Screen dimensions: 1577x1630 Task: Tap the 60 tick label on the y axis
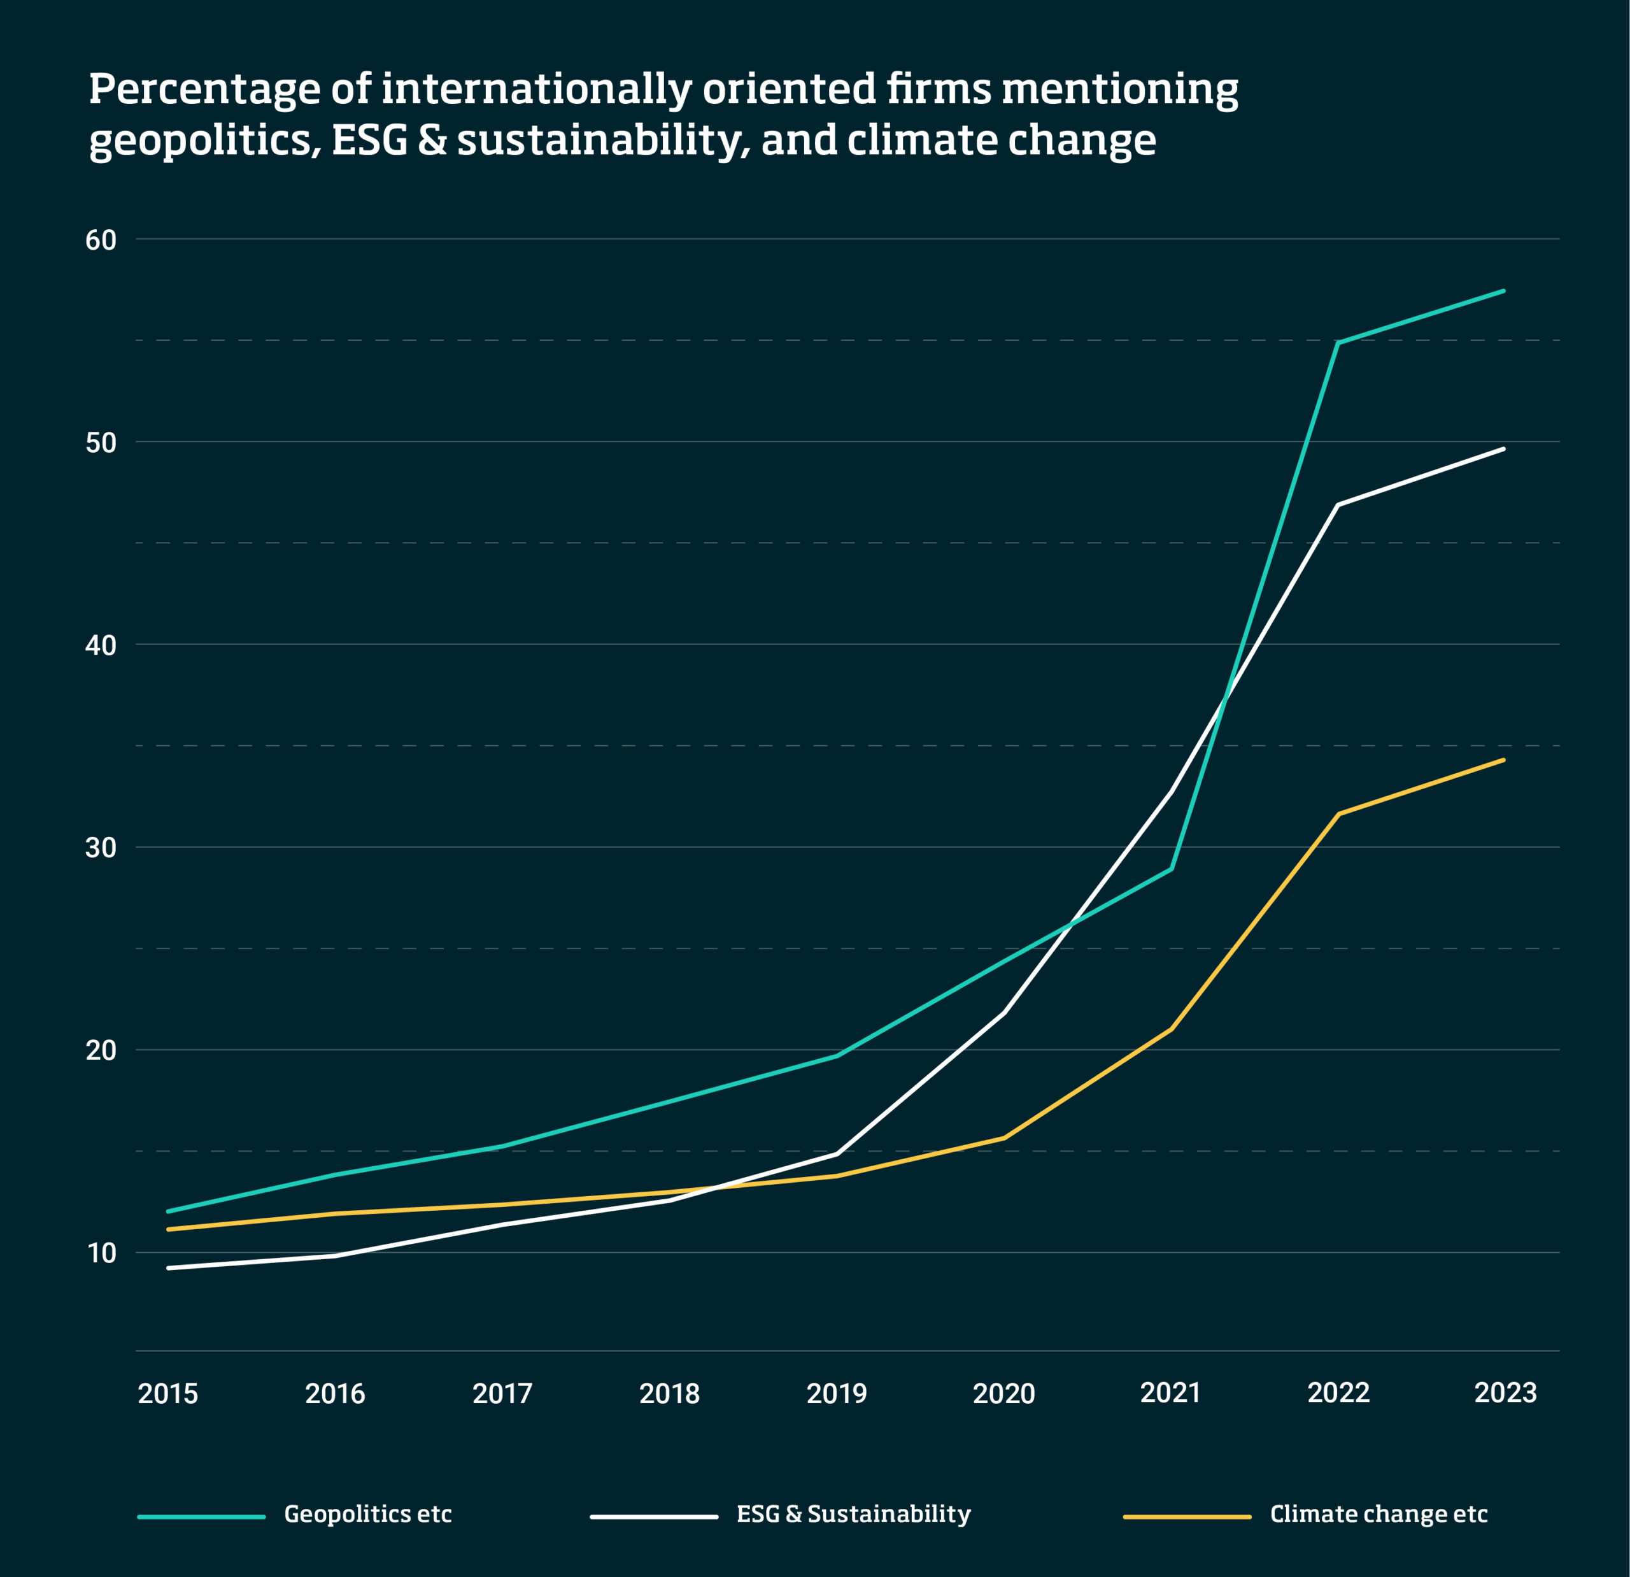(101, 240)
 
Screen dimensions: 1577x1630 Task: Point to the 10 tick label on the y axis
(101, 1253)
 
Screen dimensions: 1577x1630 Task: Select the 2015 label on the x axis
(168, 1393)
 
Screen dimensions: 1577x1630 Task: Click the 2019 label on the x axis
(837, 1393)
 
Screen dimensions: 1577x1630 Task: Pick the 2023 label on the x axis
(1505, 1392)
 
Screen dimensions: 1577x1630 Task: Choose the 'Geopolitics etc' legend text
(367, 1514)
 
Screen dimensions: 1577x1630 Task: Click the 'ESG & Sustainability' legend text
(853, 1514)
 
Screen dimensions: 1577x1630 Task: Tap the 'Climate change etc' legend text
(1378, 1514)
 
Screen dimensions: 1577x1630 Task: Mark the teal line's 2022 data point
(1337, 343)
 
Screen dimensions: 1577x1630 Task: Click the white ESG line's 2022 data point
(1337, 505)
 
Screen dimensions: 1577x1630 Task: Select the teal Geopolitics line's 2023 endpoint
(1503, 291)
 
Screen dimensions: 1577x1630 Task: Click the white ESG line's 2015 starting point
(169, 1267)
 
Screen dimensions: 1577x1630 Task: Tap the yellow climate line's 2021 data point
(1171, 1029)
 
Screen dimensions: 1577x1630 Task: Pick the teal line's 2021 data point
(1171, 869)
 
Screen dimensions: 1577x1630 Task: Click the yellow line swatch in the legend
(1187, 1516)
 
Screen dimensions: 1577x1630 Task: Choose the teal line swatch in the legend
(201, 1516)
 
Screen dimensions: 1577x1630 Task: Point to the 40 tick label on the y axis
(101, 645)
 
